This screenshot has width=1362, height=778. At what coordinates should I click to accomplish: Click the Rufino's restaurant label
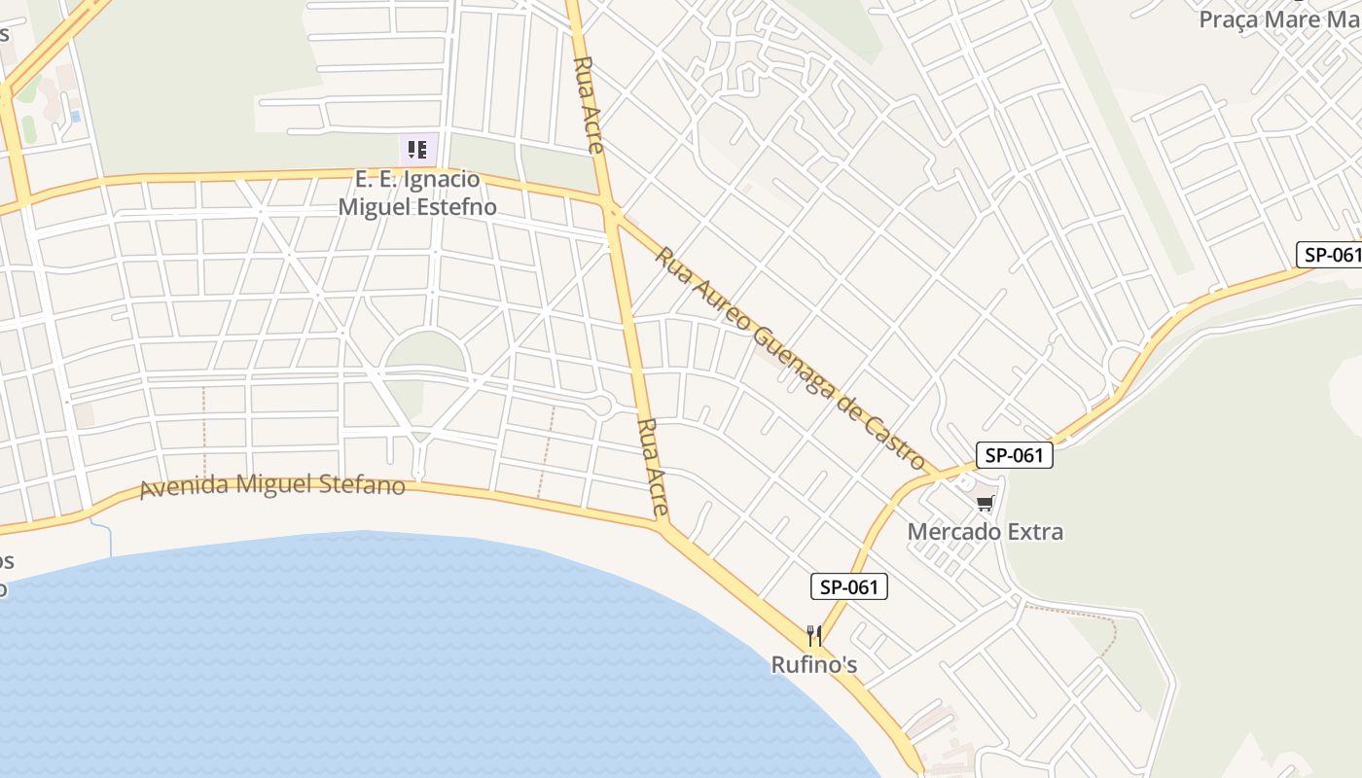pyautogui.click(x=814, y=665)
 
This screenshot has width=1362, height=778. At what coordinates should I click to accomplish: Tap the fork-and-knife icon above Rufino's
pyautogui.click(x=814, y=637)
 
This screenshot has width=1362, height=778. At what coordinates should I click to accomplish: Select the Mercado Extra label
pyautogui.click(x=985, y=532)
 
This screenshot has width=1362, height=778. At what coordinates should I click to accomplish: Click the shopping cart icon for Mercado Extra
pyautogui.click(x=985, y=503)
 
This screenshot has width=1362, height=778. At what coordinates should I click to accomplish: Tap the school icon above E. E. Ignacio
pyautogui.click(x=417, y=150)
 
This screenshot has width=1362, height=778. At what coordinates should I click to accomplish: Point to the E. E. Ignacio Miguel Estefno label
pyautogui.click(x=417, y=193)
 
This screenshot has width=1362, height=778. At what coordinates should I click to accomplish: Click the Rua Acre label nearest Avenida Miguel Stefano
pyautogui.click(x=653, y=467)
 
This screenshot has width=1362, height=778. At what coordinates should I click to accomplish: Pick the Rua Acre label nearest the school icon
pyautogui.click(x=589, y=104)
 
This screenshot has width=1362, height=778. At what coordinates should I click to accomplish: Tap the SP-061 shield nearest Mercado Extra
pyautogui.click(x=1015, y=454)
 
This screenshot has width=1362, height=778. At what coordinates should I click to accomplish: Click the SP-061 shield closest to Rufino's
pyautogui.click(x=849, y=586)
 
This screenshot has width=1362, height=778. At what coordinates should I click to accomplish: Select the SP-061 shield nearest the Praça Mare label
pyautogui.click(x=1330, y=255)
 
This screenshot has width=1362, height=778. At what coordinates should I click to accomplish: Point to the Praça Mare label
pyautogui.click(x=1279, y=19)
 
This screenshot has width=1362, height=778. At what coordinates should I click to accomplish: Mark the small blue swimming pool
pyautogui.click(x=76, y=116)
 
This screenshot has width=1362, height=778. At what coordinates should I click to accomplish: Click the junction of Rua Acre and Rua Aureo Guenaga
pyautogui.click(x=612, y=210)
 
